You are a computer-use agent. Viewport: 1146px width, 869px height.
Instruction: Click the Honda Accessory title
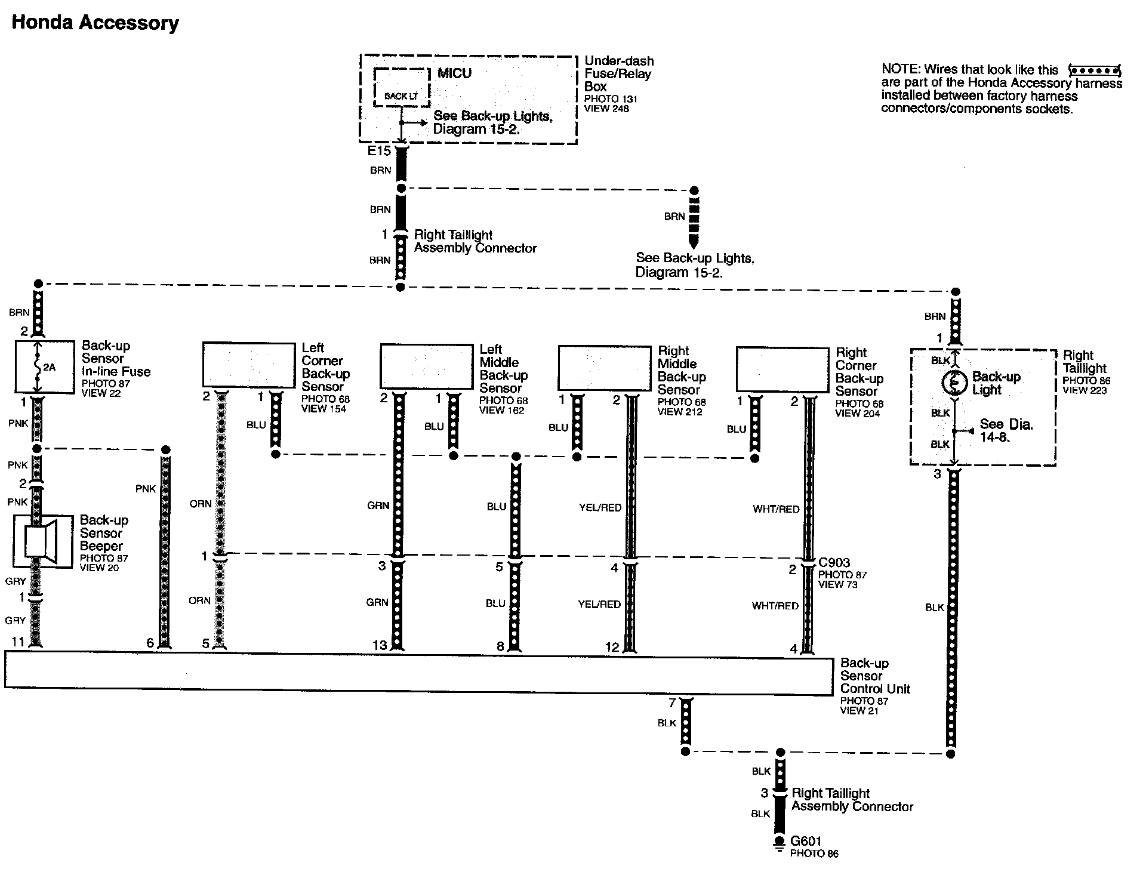(x=95, y=23)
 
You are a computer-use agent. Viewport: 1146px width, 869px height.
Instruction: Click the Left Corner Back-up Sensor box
(x=249, y=365)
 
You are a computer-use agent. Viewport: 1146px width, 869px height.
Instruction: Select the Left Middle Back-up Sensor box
(x=427, y=366)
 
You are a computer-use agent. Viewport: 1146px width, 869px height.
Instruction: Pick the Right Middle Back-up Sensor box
(x=604, y=368)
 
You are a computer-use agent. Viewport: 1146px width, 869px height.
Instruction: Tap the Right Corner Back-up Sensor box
(x=782, y=369)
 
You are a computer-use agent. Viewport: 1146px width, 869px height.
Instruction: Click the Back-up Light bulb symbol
(x=954, y=383)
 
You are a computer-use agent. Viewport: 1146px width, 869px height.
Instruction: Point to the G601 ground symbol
(x=779, y=842)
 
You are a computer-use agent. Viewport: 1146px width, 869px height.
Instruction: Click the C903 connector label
(x=834, y=562)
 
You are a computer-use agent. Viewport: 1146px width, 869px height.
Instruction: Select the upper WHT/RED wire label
(x=776, y=509)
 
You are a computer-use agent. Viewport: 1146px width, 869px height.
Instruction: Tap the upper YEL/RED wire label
(x=600, y=508)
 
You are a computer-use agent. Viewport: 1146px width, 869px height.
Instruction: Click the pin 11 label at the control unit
(x=18, y=642)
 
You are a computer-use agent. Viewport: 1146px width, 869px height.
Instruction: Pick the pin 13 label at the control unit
(x=380, y=645)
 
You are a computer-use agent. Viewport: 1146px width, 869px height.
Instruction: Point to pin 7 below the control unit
(x=672, y=702)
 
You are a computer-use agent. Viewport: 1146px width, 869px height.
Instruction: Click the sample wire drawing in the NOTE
(x=1093, y=70)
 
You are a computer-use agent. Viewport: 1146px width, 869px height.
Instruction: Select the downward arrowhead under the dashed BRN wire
(x=694, y=242)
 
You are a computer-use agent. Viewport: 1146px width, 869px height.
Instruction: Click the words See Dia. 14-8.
(x=1006, y=430)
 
